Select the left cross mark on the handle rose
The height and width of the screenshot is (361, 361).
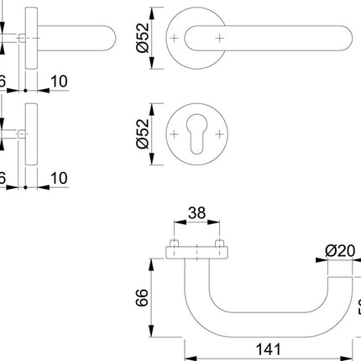tap(174, 39)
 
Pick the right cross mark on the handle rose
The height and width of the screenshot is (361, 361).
tap(219, 39)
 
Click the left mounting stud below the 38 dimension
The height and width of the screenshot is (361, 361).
tap(174, 248)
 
